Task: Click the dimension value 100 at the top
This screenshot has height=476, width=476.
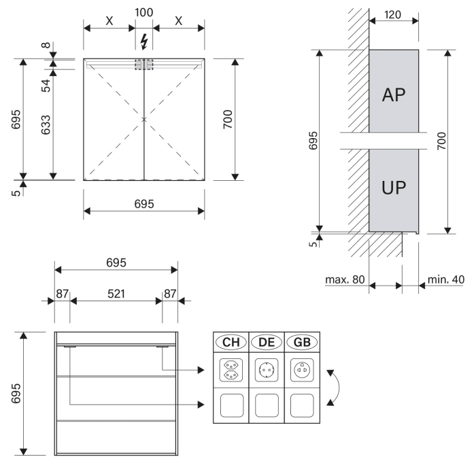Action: point(143,13)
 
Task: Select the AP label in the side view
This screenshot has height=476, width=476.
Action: point(393,95)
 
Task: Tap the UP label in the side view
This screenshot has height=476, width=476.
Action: point(393,188)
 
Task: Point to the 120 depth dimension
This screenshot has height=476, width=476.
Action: point(393,13)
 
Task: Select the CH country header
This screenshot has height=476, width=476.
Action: point(231,342)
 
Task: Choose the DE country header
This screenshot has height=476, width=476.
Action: point(267,342)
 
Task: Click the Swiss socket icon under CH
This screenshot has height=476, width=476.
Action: point(231,371)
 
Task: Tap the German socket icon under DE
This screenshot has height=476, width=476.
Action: point(267,371)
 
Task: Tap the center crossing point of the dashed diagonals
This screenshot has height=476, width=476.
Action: point(143,120)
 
